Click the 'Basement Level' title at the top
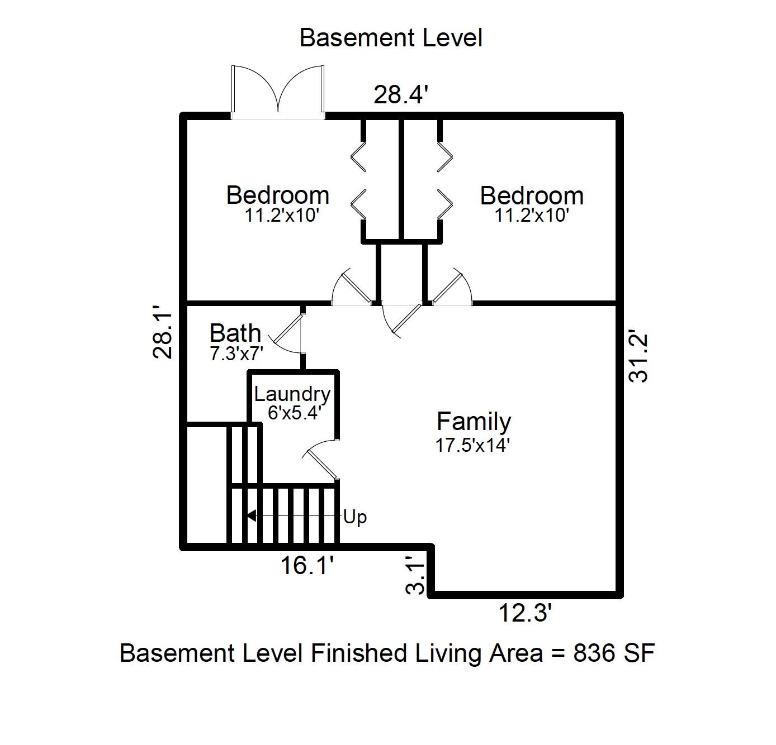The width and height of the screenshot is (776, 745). click(x=391, y=38)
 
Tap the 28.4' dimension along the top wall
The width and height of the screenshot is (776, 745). click(x=401, y=95)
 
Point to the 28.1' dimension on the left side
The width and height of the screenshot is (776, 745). click(x=163, y=332)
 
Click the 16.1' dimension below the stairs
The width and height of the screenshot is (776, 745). click(x=307, y=565)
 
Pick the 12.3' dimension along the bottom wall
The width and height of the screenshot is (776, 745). click(x=525, y=613)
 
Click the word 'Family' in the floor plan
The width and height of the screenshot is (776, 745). click(x=474, y=422)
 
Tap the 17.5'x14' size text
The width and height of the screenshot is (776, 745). click(x=473, y=445)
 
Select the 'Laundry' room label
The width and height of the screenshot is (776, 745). click(x=292, y=395)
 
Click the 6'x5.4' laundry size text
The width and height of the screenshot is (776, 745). click(x=294, y=413)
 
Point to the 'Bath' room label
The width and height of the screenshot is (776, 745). click(x=235, y=333)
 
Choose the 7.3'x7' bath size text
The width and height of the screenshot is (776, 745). click(x=236, y=354)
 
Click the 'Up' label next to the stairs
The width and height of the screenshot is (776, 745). click(x=355, y=518)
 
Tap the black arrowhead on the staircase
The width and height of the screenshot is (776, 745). click(x=251, y=516)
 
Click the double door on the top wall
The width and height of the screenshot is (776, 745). click(x=278, y=93)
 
